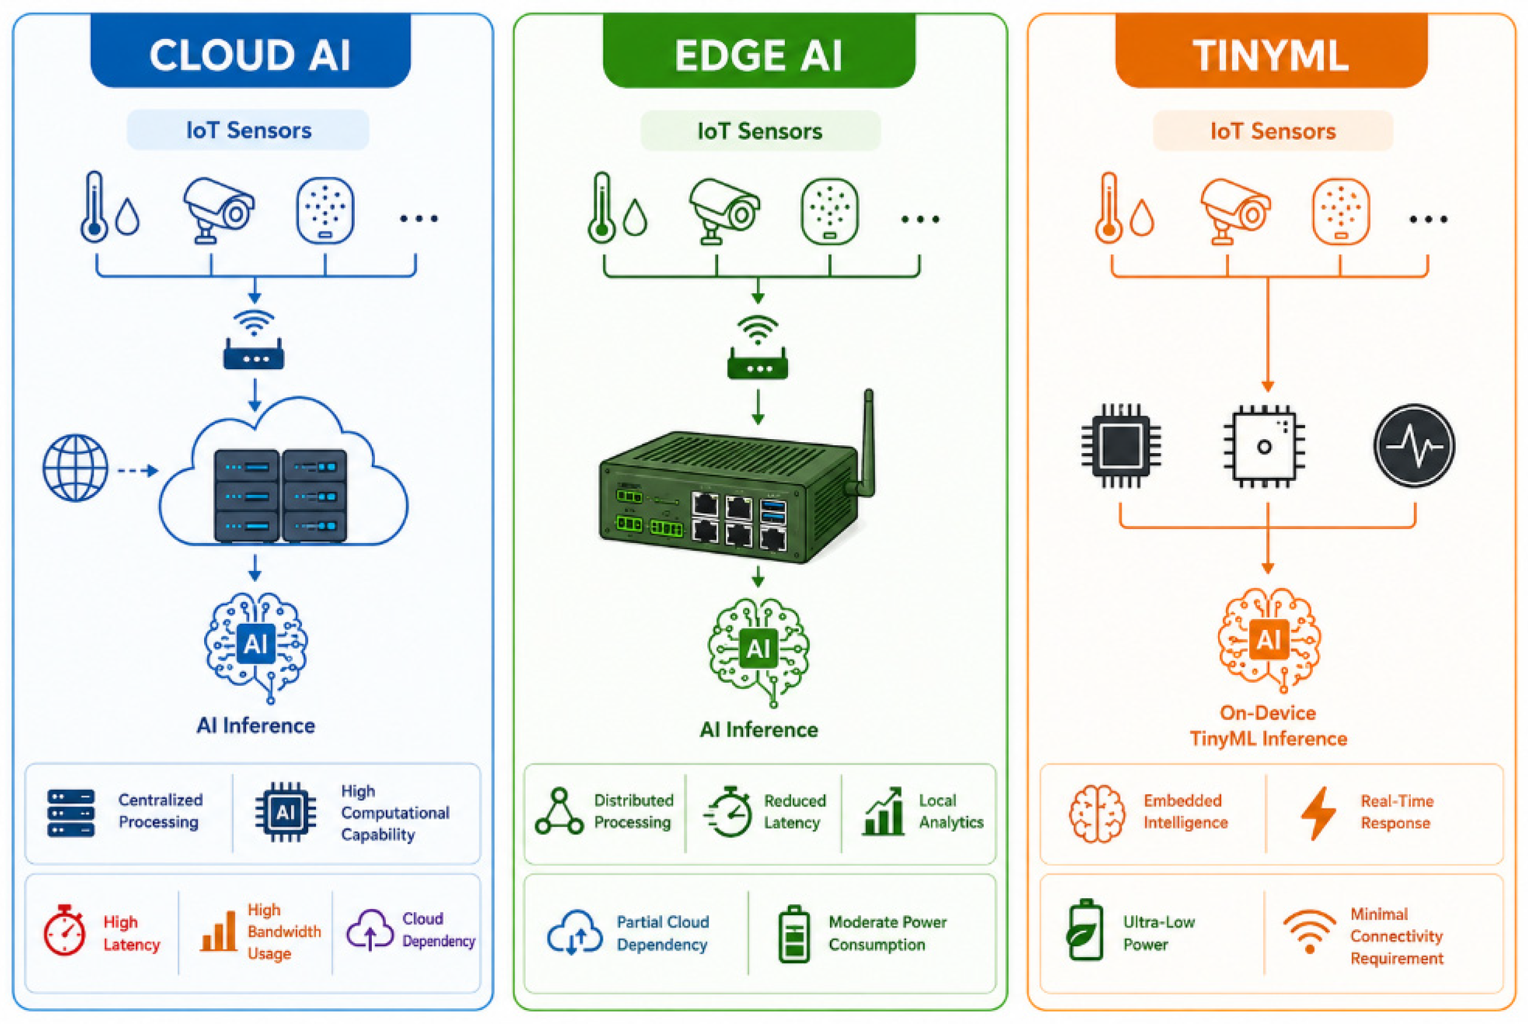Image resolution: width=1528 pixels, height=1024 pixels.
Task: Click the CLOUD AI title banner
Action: point(250,51)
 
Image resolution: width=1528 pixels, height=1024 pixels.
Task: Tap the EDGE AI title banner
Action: point(758,51)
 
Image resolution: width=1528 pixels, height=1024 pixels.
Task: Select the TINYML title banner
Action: point(1270,51)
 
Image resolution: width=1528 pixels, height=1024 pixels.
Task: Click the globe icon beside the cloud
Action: point(75,468)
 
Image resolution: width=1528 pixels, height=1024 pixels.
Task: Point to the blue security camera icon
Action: point(218,210)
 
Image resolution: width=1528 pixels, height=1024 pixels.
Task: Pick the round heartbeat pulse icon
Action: point(1414,445)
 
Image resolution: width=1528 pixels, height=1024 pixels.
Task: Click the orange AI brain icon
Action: point(1269,640)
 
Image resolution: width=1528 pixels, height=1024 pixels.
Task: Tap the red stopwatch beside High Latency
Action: point(64,930)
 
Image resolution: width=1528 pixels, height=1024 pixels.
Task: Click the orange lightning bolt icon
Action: point(1318,813)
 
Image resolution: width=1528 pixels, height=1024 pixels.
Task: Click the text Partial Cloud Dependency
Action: point(662,934)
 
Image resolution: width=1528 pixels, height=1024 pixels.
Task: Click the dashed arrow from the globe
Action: point(138,470)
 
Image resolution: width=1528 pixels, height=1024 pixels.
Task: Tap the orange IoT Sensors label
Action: point(1273,131)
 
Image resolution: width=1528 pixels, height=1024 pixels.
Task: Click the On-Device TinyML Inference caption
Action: point(1268,726)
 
